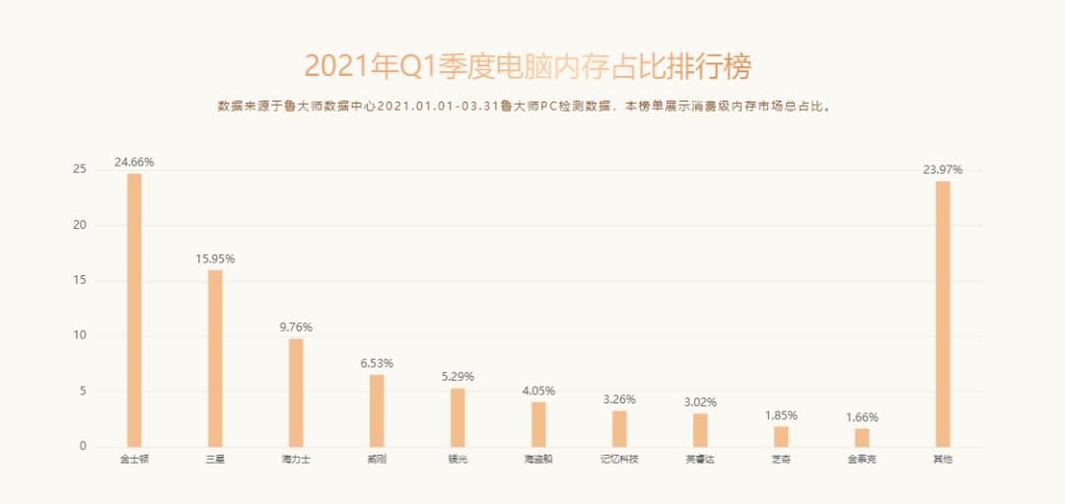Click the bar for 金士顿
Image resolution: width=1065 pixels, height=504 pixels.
[134, 310]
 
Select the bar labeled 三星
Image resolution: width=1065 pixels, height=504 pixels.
[215, 358]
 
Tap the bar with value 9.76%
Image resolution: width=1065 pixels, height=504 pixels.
[296, 393]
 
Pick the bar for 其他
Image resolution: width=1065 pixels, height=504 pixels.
[943, 314]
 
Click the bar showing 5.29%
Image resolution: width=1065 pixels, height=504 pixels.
[458, 417]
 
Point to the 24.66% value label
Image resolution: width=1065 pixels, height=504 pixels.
[134, 162]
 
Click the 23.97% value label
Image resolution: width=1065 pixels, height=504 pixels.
[943, 170]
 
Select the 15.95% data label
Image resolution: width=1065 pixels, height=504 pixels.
[215, 258]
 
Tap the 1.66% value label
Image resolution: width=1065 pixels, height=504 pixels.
[862, 417]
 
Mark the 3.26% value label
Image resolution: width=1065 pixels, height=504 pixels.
[619, 399]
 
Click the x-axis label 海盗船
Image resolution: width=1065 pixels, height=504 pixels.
[538, 460]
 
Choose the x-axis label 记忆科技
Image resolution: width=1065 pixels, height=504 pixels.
[619, 460]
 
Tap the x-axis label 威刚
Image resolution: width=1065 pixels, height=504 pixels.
[377, 460]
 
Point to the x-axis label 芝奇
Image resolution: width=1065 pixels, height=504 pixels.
[781, 460]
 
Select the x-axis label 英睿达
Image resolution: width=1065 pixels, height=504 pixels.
[700, 460]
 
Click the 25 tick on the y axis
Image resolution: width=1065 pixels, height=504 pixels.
[80, 170]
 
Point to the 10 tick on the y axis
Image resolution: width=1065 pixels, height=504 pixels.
[80, 336]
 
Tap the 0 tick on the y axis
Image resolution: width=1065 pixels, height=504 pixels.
[84, 447]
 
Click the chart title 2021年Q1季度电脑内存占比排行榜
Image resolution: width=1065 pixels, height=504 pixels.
[528, 66]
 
